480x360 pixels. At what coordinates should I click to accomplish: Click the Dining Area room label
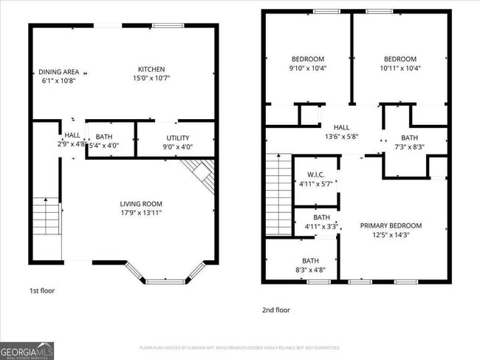click(x=59, y=72)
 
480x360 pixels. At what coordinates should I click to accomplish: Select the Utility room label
click(x=177, y=137)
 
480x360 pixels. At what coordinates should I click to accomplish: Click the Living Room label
click(x=141, y=204)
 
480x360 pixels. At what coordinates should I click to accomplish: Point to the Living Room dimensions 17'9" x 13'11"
click(x=141, y=213)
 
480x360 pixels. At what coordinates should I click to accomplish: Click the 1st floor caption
click(x=41, y=291)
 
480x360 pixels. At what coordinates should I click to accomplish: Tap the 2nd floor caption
click(x=276, y=310)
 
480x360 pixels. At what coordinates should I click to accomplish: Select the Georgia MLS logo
click(x=27, y=350)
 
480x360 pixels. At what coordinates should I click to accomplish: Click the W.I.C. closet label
click(x=316, y=174)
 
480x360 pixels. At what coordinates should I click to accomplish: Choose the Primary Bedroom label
click(x=391, y=225)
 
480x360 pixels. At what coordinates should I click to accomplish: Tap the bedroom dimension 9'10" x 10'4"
click(x=308, y=68)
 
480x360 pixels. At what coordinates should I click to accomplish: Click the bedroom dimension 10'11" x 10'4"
click(x=400, y=68)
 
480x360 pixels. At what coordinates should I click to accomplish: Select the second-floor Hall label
click(x=341, y=127)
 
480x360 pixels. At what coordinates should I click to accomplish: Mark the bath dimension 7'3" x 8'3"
click(x=408, y=147)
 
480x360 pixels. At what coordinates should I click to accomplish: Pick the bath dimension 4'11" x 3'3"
click(x=321, y=226)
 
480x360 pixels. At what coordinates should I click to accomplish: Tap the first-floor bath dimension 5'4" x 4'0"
click(x=104, y=146)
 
